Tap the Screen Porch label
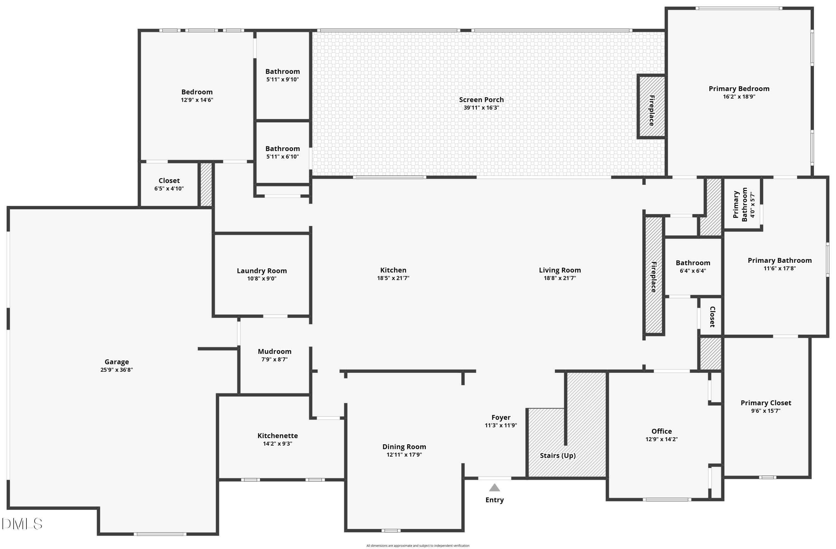481,100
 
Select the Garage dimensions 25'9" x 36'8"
116,370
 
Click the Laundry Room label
262,271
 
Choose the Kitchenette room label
278,436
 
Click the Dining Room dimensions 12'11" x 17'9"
404,455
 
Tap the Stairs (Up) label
557,456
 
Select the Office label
662,431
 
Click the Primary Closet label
766,403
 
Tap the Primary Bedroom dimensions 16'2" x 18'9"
739,97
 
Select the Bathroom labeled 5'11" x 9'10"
282,72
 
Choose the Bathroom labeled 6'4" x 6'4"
693,263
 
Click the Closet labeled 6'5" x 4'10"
169,181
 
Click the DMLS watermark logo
22,524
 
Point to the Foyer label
500,418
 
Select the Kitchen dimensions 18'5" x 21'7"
393,278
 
